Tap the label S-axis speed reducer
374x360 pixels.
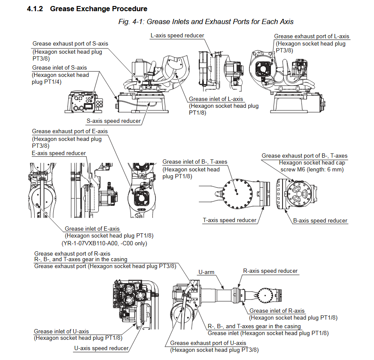click(x=114, y=121)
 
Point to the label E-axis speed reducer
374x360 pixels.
click(x=59, y=153)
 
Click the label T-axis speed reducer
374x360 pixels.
click(x=229, y=220)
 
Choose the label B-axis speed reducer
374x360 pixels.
click(x=320, y=220)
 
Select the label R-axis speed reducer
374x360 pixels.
click(x=271, y=271)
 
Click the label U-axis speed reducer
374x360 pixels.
click(x=101, y=348)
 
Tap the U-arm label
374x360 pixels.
click(x=206, y=272)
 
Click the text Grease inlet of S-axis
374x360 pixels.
click(x=59, y=68)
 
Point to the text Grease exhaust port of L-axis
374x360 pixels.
click(x=312, y=37)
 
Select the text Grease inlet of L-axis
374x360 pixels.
click(x=216, y=99)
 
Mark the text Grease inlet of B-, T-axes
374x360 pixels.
click(x=195, y=162)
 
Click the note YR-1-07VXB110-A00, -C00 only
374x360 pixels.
click(x=106, y=243)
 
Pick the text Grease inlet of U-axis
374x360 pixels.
click(x=61, y=331)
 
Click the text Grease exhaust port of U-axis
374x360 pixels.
click(x=208, y=343)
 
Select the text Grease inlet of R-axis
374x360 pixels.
click(x=277, y=311)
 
